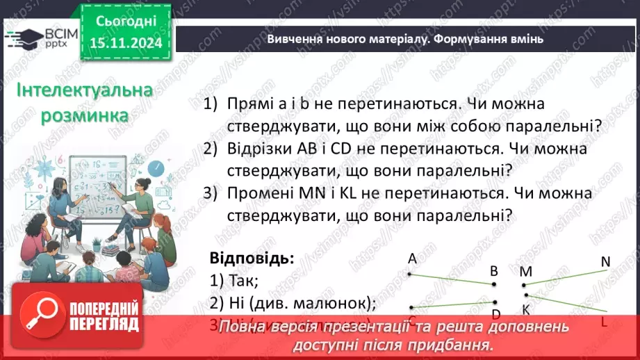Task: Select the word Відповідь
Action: click(252, 258)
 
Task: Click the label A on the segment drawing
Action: click(412, 259)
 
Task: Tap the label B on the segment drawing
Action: click(494, 271)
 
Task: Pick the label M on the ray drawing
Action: click(525, 271)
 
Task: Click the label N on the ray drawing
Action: click(605, 261)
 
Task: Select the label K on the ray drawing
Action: click(525, 310)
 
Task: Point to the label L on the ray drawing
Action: click(604, 322)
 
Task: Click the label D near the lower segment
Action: click(495, 315)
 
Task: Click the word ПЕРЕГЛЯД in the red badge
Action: click(104, 324)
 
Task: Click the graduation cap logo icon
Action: click(22, 37)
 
